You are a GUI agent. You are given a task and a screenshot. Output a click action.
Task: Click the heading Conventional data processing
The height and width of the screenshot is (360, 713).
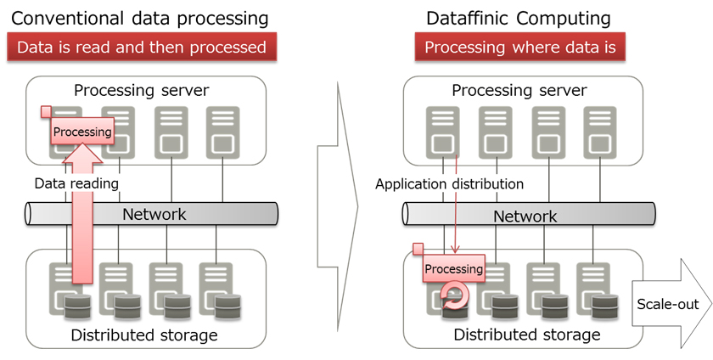click(x=140, y=18)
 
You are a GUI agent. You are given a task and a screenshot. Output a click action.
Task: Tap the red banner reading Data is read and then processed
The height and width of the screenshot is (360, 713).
click(x=141, y=48)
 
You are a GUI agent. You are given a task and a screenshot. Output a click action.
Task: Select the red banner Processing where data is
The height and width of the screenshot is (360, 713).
click(x=520, y=48)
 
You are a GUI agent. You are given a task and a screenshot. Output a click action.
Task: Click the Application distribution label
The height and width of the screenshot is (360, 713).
click(x=449, y=183)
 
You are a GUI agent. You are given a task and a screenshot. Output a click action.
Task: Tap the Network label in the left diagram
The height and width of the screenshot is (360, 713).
click(x=154, y=214)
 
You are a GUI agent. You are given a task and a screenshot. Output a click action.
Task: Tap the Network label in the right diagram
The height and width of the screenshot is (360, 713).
click(x=525, y=216)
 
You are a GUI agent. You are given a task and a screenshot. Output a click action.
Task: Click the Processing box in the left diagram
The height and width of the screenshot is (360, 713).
click(x=82, y=131)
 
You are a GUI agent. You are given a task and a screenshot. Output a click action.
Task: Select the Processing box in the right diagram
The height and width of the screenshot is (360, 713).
click(x=453, y=269)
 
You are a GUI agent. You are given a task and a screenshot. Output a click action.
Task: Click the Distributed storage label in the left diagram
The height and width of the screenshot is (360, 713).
click(x=144, y=335)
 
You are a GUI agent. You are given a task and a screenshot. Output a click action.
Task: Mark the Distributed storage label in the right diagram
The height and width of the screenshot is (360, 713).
click(x=526, y=335)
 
